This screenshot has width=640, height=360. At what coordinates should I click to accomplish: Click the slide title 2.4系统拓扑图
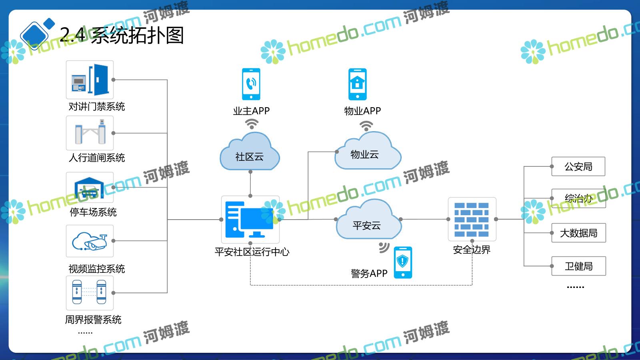[122, 35]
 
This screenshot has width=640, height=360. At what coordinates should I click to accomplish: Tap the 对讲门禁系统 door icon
[90, 80]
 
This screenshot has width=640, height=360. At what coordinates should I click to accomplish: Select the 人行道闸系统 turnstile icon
[90, 133]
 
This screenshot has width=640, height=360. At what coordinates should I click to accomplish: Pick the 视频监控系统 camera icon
[90, 241]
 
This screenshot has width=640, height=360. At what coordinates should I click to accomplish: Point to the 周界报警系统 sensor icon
[90, 293]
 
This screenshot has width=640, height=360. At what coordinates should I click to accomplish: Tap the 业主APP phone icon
[251, 84]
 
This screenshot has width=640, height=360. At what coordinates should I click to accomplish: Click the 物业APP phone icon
[357, 84]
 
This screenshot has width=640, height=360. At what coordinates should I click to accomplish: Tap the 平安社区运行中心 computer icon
[250, 219]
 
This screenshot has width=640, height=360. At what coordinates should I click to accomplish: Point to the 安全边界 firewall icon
[472, 219]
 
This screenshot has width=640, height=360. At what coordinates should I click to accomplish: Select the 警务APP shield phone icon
[403, 262]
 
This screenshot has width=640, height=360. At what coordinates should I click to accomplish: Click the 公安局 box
[578, 166]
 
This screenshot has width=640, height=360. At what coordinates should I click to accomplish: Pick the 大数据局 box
[578, 233]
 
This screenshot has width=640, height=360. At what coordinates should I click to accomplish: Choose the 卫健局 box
[578, 266]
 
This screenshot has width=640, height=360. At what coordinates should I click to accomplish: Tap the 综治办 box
[578, 198]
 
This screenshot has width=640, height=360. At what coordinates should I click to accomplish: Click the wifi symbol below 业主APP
[252, 124]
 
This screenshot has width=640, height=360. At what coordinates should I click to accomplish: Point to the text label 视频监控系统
[97, 269]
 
